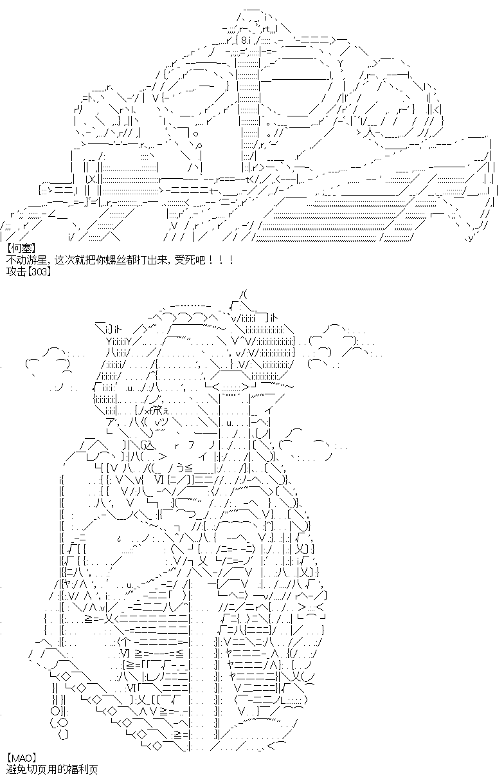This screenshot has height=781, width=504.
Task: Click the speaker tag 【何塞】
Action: point(21,248)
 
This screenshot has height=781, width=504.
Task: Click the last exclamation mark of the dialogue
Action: point(231,260)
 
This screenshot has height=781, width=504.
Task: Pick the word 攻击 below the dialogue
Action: point(16,271)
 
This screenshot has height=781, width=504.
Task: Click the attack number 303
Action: point(39,272)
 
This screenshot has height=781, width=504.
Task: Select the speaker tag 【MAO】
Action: point(21,757)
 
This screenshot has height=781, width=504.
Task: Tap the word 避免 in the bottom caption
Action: point(16,769)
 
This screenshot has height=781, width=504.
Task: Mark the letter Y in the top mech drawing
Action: point(341,64)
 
